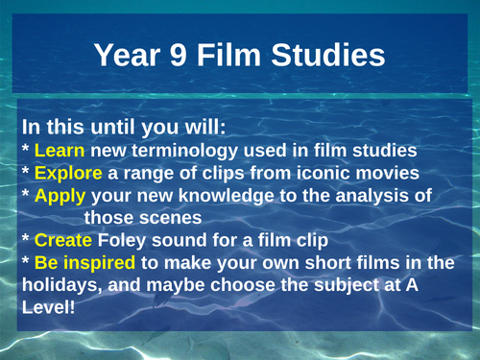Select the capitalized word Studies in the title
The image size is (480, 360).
(x=333, y=56)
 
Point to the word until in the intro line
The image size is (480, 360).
(x=105, y=129)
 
